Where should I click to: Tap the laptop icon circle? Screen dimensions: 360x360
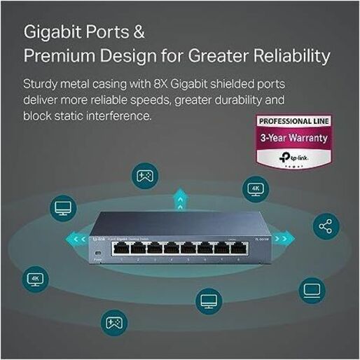[x=312, y=289]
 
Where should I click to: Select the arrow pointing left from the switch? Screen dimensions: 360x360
[x=74, y=236]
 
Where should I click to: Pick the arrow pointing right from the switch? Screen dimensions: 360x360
[x=286, y=237]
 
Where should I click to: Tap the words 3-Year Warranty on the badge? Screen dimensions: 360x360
[x=293, y=138]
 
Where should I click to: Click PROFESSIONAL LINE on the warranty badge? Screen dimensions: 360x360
[x=294, y=121]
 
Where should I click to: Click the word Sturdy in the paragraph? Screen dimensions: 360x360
[x=43, y=83]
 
